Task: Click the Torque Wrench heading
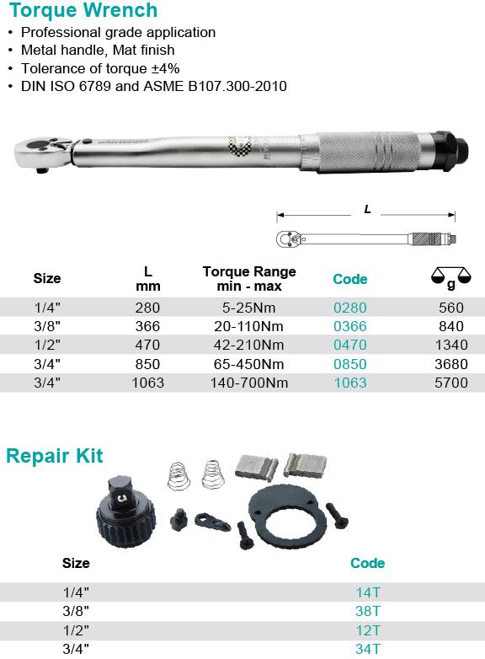pos(83,10)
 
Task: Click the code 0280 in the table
pos(349,308)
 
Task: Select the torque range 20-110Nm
pos(248,326)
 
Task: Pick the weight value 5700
pos(451,383)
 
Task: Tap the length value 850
pos(147,364)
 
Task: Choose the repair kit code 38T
pos(367,611)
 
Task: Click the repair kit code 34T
pos(367,649)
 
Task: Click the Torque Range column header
pos(249,279)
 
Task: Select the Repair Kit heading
pos(55,456)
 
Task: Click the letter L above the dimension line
pos(367,209)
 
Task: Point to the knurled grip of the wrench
pos(369,153)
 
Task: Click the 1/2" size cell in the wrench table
pos(47,345)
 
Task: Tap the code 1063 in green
pos(350,383)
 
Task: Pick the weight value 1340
pos(451,345)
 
